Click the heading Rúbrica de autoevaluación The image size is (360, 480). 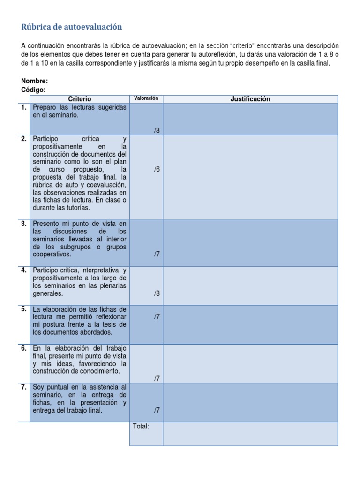pos(71,27)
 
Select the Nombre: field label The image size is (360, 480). pos(35,81)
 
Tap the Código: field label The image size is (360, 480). pos(34,90)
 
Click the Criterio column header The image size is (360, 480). pos(80,99)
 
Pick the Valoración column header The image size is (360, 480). pos(146,98)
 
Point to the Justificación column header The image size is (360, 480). pos(250,99)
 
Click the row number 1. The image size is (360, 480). pos(23,107)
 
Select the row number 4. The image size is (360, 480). pos(23,270)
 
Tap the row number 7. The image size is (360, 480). pos(23,387)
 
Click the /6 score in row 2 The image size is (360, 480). pos(157,169)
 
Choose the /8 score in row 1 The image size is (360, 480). pos(157,131)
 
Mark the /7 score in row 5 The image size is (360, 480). pos(157,316)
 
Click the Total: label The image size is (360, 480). pos(141,426)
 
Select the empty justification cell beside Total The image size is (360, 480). pos(250,434)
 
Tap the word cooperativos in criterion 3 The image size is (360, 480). pos(52,255)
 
